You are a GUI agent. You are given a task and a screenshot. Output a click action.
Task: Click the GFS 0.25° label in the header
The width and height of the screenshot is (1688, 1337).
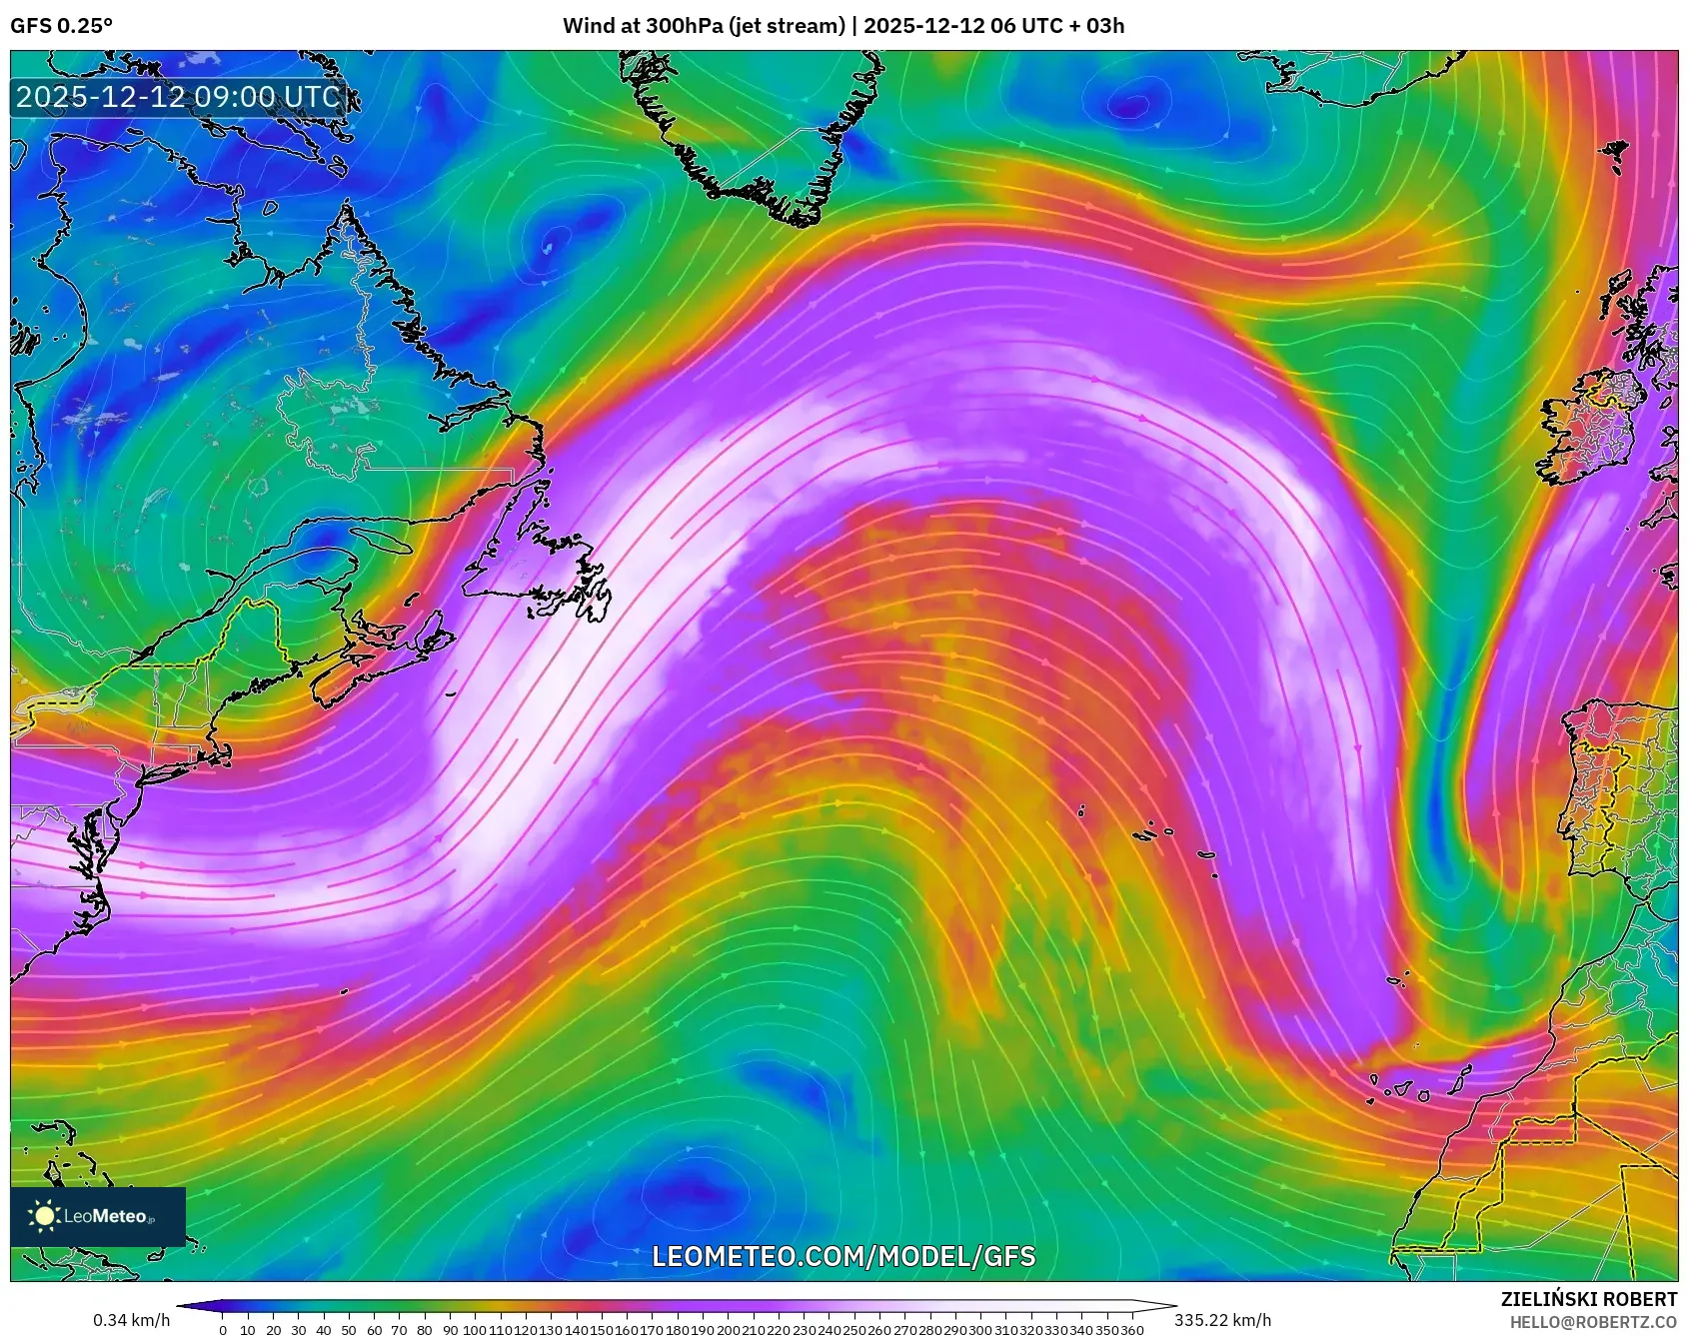point(61,26)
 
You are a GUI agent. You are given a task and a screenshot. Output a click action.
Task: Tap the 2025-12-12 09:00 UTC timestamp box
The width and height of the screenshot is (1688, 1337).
point(179,97)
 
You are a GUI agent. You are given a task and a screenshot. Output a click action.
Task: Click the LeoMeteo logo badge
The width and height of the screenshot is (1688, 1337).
point(98,1216)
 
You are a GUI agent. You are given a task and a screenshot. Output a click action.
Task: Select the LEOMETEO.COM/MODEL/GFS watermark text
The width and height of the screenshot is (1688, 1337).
point(844,1256)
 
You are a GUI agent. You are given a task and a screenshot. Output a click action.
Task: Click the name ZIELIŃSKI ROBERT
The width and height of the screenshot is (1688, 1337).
point(1588,1299)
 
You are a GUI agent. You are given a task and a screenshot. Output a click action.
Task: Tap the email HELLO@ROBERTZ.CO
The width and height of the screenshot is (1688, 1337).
point(1593,1322)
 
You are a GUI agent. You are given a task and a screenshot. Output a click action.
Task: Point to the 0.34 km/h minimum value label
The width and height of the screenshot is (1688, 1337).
point(131,1320)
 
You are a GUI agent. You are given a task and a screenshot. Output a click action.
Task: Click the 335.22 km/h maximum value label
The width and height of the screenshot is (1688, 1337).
point(1222,1320)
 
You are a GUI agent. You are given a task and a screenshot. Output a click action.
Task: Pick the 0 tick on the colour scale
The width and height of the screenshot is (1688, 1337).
point(222,1330)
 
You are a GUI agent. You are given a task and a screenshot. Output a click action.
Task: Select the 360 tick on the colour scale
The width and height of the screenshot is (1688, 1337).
point(1131,1330)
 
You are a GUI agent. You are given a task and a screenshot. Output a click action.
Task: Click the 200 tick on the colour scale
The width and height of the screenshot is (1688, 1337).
point(727,1330)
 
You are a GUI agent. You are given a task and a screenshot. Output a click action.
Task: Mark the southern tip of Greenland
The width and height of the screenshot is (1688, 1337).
point(800,218)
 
